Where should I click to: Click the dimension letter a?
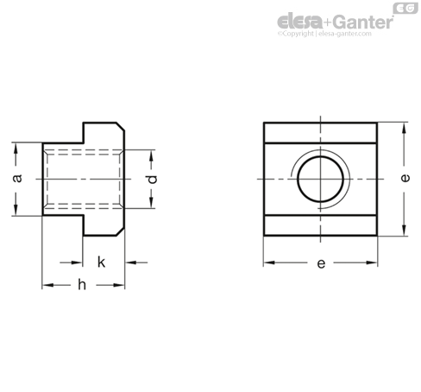click(x=18, y=178)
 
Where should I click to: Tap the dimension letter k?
click(x=101, y=262)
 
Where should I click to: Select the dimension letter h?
click(x=82, y=285)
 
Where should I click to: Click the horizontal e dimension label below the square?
click(x=321, y=263)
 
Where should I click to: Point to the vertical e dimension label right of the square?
click(x=405, y=178)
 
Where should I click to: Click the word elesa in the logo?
click(x=300, y=22)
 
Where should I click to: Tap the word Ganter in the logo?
click(x=363, y=22)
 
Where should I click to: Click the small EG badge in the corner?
click(x=405, y=8)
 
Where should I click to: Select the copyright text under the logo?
click(x=324, y=34)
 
